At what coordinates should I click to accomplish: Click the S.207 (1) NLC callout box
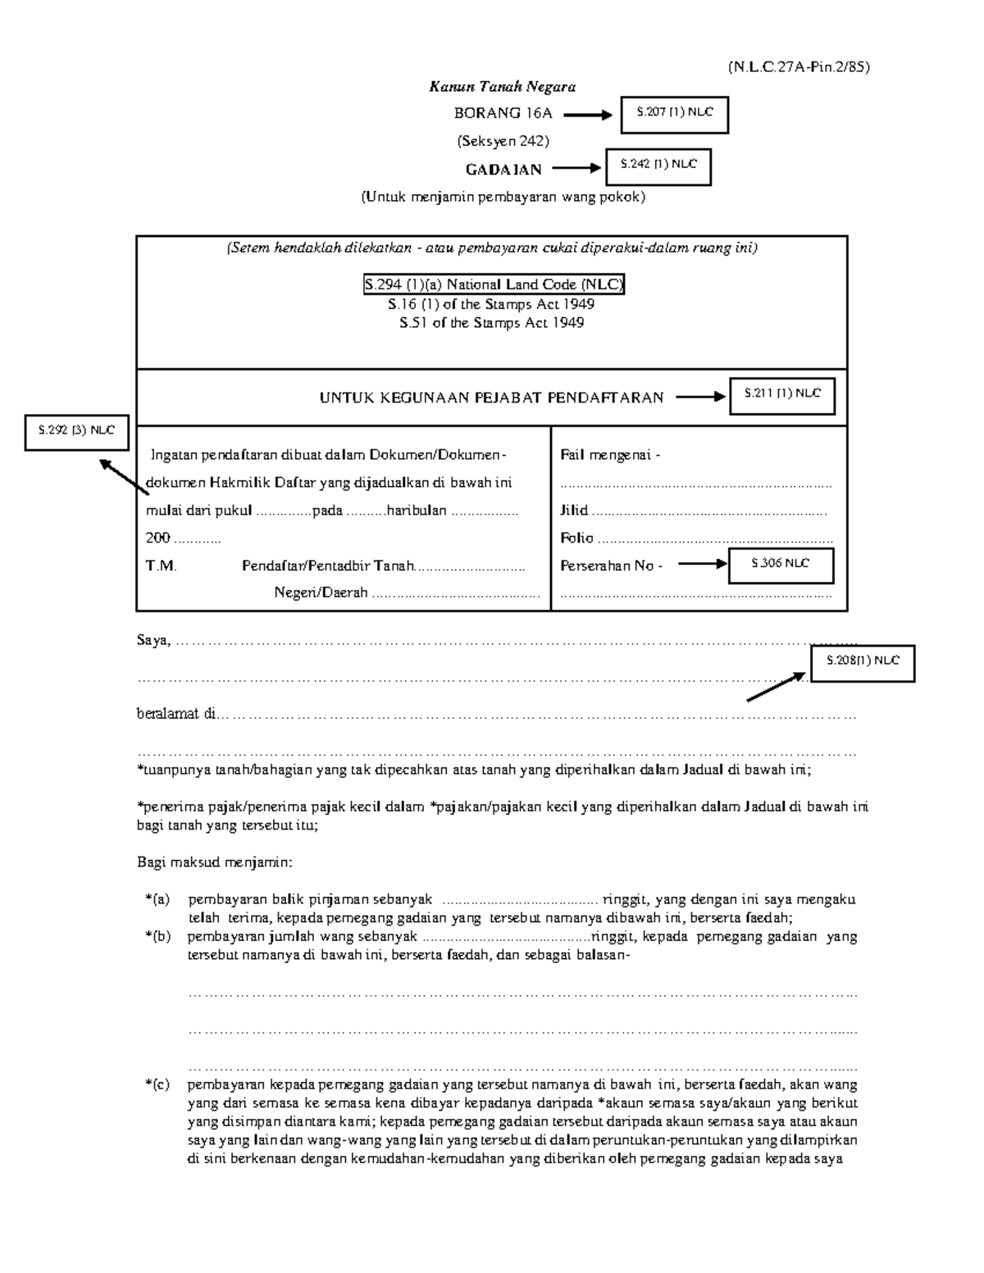click(674, 115)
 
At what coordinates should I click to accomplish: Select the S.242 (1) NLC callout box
click(658, 166)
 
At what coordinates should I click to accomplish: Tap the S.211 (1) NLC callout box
click(781, 395)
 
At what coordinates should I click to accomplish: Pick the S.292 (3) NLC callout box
click(76, 431)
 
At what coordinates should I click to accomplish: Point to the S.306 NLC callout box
click(781, 565)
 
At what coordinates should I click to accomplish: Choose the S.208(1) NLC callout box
click(862, 662)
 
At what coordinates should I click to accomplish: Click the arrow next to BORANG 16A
click(588, 116)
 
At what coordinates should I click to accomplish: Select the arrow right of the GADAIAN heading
click(576, 168)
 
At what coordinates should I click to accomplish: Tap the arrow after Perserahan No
click(702, 564)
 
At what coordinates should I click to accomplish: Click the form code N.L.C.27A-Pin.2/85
click(798, 67)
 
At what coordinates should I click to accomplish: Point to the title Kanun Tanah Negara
click(503, 87)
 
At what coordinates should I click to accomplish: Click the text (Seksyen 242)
click(503, 141)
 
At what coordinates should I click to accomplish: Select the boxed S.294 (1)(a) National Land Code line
click(494, 285)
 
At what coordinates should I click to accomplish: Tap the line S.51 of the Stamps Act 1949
click(491, 323)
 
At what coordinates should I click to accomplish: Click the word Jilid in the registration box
click(574, 511)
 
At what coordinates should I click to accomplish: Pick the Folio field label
click(576, 539)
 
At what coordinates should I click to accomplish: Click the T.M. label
click(161, 566)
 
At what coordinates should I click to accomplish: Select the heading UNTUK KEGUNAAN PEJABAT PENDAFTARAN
click(491, 398)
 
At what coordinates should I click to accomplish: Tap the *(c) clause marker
click(157, 1084)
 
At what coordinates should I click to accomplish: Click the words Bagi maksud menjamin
click(214, 863)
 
